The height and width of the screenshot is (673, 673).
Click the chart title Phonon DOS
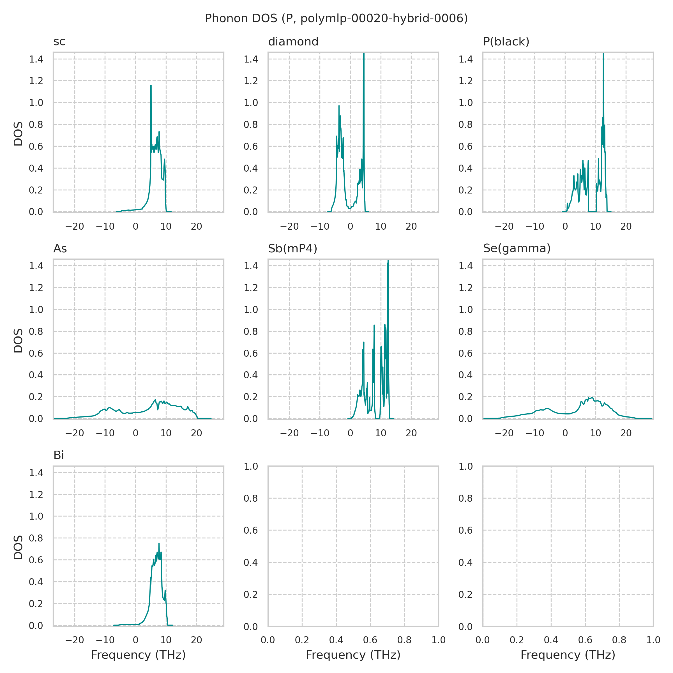[336, 19]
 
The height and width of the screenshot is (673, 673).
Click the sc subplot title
[59, 42]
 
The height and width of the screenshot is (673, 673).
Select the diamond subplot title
[293, 42]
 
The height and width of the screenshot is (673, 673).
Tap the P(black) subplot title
[506, 42]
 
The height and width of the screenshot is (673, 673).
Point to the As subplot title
[60, 249]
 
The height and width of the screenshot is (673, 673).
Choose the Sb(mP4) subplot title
[292, 249]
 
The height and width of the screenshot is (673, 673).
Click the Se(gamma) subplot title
[517, 249]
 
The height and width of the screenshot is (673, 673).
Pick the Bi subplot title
[59, 456]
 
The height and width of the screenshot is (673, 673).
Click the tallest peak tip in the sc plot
[151, 85]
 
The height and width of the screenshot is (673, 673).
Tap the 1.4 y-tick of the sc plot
[36, 59]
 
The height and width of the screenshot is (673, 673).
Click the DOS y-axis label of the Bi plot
[18, 547]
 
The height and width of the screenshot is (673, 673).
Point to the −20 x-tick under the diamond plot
[289, 227]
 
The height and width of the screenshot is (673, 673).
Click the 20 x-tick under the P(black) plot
[626, 227]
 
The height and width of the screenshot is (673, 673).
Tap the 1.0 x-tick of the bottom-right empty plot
[653, 640]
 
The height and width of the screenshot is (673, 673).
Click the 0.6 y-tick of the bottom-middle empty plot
[250, 531]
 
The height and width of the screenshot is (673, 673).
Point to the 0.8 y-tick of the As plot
[36, 332]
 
